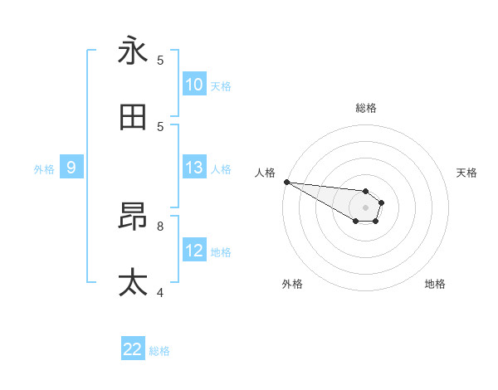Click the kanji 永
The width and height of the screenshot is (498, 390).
pos(133,51)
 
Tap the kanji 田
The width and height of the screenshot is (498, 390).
pos(133,118)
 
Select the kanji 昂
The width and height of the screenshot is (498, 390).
pos(133,217)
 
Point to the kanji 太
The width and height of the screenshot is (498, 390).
pos(133,283)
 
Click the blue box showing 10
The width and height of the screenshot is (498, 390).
pos(194,85)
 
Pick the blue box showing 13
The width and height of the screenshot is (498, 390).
pos(194,168)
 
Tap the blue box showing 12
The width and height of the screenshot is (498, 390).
pos(194,251)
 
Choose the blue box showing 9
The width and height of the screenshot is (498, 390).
pos(71,168)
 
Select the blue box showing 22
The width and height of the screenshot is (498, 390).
pos(133,349)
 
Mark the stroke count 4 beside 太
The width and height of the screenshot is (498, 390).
pos(159,292)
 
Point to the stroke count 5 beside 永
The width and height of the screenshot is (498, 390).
pos(159,60)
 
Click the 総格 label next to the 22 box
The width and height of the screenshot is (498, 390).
pos(159,351)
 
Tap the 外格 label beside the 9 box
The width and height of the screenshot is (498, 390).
pos(44,168)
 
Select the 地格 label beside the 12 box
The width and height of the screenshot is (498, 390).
pos(221,251)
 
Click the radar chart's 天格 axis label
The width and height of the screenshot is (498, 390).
pos(467,173)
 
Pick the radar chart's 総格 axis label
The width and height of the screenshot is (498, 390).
pos(365,108)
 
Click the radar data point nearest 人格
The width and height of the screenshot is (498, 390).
pos(286,182)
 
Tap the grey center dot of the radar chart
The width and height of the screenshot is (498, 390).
pos(365,207)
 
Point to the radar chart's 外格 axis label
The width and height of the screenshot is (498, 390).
pos(292,284)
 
